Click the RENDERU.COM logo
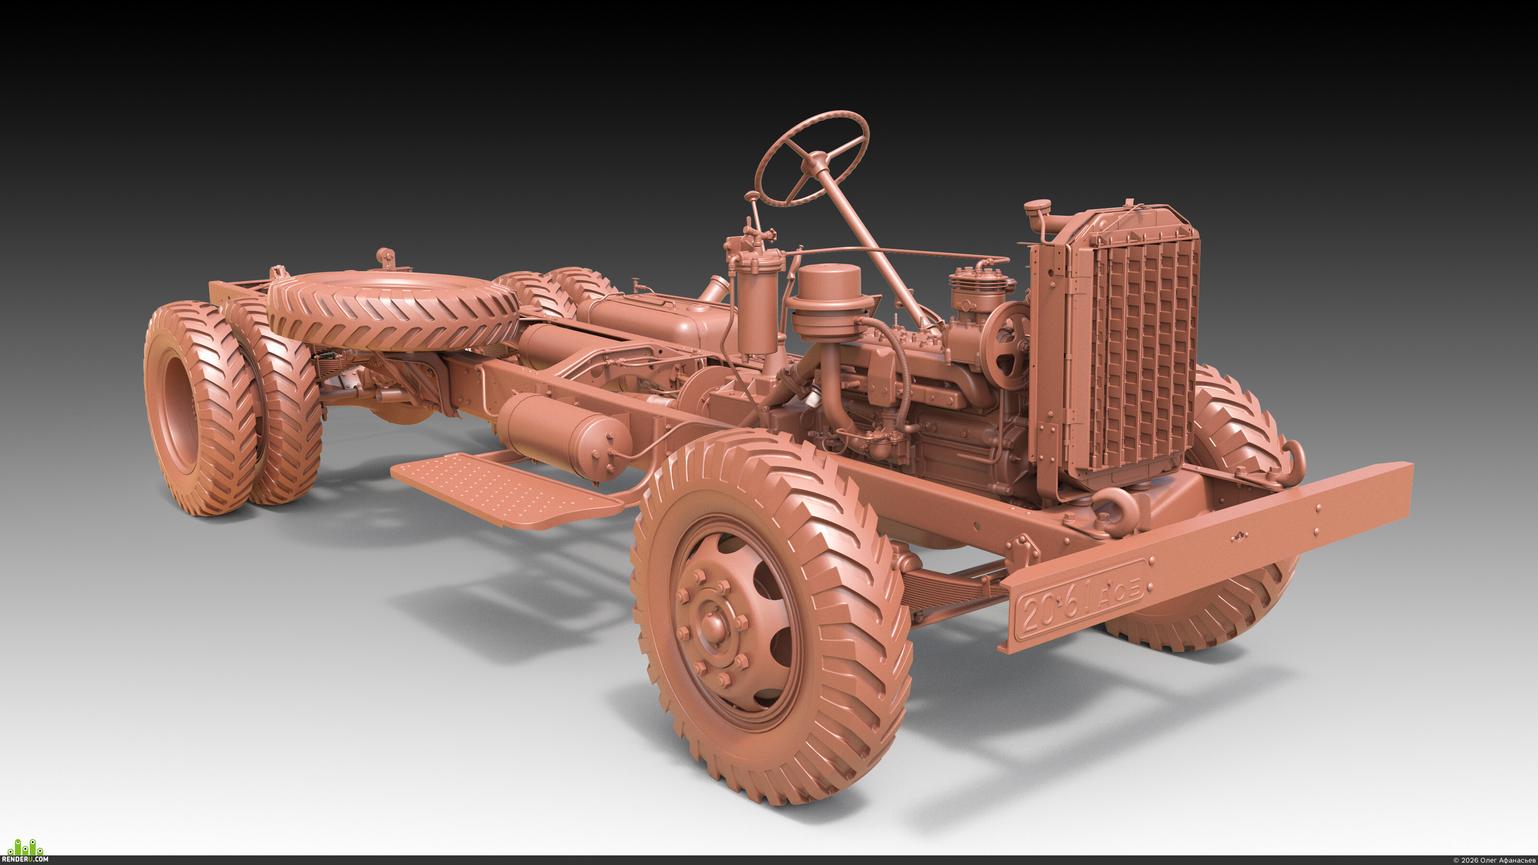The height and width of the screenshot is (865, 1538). coord(25,850)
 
